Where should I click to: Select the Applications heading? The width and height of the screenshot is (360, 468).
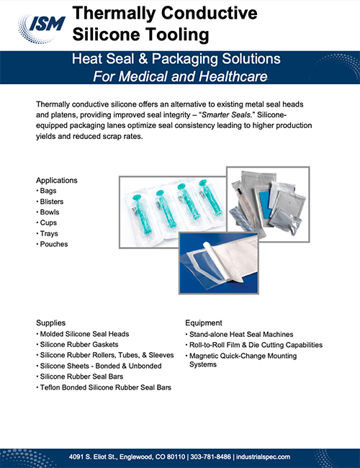[x=57, y=180]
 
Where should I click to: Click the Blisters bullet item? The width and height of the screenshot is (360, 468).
[x=50, y=202]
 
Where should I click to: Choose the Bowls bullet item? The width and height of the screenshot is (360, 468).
[x=48, y=212]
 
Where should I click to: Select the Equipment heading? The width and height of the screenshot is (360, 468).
[x=204, y=323]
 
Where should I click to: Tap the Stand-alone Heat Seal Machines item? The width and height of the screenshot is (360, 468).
[x=241, y=334]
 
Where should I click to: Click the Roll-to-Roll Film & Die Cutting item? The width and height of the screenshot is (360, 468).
[x=255, y=345]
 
